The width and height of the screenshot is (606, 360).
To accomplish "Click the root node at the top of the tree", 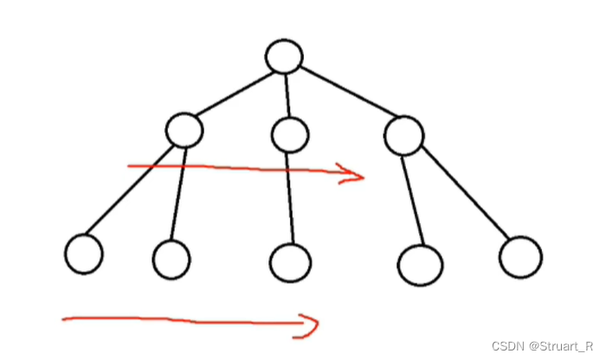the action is pos(284,57).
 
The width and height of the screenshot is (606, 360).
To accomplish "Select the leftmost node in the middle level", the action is pos(184,131).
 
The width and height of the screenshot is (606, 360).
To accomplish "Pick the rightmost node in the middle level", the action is pos(403,135).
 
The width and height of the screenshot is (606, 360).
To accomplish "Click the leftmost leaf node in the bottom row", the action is pos(84,254).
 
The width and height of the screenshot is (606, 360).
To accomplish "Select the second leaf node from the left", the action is pos(171,258).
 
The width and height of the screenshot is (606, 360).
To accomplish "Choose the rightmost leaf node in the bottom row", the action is pos(521,257).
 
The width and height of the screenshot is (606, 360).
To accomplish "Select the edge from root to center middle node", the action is pos(287,96).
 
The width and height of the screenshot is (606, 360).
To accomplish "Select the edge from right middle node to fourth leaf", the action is pos(413,200).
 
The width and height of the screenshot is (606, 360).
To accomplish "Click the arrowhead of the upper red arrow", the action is pos(355,174).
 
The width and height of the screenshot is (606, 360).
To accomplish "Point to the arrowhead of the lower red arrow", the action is pos(310,325).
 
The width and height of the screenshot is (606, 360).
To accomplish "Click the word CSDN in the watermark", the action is pos(506,346).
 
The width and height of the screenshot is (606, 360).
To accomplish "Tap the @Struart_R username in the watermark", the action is pos(559,346).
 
